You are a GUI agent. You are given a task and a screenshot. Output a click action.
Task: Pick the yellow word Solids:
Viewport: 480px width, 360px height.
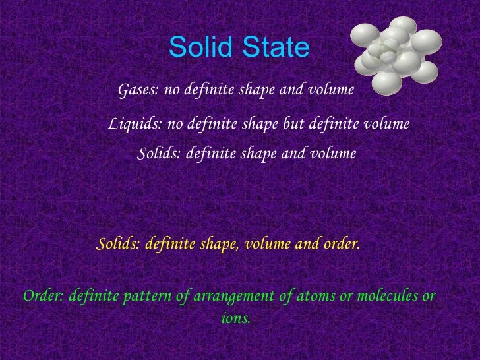119,245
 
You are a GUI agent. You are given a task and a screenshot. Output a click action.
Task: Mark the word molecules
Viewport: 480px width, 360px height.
382,296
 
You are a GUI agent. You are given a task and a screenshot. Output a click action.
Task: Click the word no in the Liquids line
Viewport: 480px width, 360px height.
175,124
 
